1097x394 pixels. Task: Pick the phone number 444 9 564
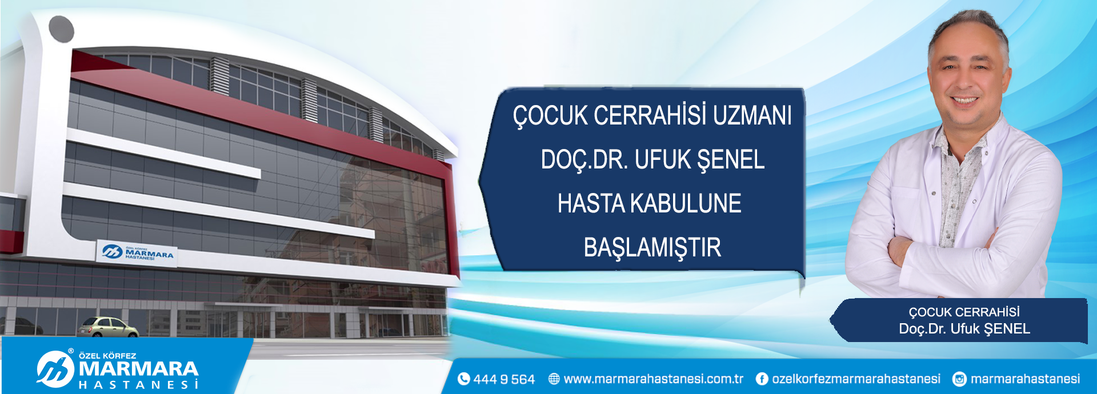[504, 379]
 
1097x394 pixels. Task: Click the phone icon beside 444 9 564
[464, 379]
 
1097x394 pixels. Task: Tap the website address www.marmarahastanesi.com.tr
[654, 379]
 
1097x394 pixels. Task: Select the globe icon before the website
[554, 379]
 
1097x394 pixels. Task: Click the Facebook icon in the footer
[762, 379]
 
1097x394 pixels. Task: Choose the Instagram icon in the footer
[959, 379]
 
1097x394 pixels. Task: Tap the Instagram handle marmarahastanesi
[1025, 379]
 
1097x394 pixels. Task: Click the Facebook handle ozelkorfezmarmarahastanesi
[856, 379]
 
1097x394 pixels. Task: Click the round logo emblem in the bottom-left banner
[55, 369]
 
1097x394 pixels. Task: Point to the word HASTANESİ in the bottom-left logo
[139, 385]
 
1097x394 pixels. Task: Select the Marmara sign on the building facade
[137, 253]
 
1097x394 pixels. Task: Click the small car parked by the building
[107, 327]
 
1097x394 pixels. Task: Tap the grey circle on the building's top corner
[61, 29]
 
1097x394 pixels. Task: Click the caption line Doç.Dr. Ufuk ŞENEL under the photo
[964, 329]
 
